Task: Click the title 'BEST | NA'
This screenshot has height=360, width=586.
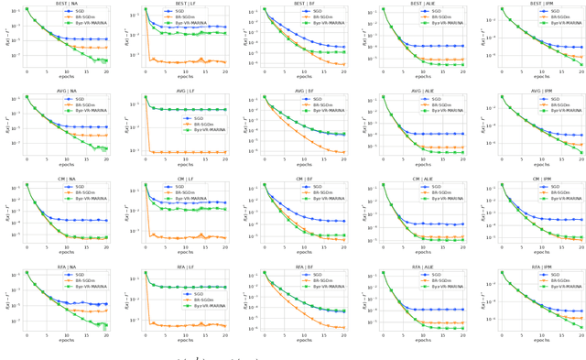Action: point(66,4)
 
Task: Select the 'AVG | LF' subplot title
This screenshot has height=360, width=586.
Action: point(185,91)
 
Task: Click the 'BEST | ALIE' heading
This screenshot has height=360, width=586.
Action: point(423,4)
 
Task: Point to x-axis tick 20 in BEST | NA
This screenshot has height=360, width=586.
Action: point(106,71)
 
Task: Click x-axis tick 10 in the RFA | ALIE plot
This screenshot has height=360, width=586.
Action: point(423,334)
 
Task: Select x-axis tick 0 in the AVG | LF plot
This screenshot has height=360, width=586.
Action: point(146,158)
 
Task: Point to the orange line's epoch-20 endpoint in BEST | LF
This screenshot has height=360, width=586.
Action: point(225,62)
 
